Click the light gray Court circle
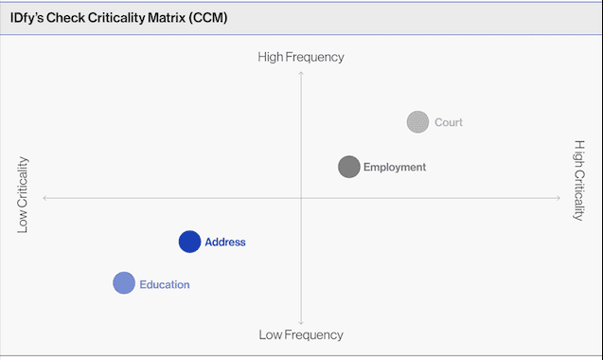point(417,122)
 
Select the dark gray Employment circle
point(349,167)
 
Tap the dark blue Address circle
point(189,242)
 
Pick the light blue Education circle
point(124,283)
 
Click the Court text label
point(449,122)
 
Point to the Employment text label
point(395,168)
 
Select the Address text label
point(225,243)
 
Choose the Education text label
point(165,284)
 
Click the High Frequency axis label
point(301,57)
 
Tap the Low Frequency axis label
point(301,334)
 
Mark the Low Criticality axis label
point(23,194)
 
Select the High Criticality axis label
point(579,180)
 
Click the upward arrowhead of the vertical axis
point(301,72)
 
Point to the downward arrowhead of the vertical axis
point(301,322)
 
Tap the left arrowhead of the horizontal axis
point(44,197)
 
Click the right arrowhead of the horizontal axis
point(559,197)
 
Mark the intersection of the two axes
point(301,197)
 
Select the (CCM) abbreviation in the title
point(210,18)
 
